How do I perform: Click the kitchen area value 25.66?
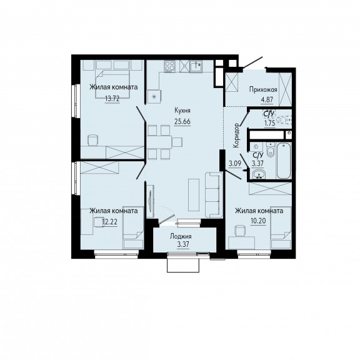pos(182,121)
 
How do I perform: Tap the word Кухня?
pos(182,111)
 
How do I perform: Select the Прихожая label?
pos(263,89)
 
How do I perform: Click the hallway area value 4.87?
pos(267,101)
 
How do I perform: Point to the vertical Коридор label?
pos(236,136)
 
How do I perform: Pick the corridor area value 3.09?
pos(235,164)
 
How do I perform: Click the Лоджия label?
pos(181,236)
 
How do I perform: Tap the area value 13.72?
pos(112,99)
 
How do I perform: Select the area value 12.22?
pos(110,222)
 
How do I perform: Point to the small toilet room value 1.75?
pos(270,123)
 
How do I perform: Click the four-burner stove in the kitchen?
pos(170,66)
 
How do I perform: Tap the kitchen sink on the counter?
pos(196,66)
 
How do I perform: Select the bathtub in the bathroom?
pos(284,161)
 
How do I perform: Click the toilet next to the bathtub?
pos(271,149)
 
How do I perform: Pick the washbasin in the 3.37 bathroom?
pos(259,174)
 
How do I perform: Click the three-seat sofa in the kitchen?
pos(214,195)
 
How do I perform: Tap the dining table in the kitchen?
pos(159,142)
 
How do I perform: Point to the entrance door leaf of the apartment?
pos(252,62)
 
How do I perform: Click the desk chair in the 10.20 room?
pos(240,231)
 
